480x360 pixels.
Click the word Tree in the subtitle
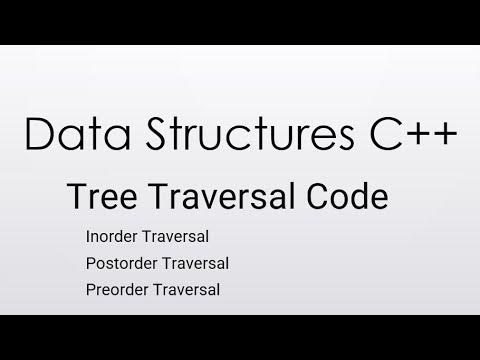[x=96, y=197]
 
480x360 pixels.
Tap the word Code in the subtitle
[x=348, y=197]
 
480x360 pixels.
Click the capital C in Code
[x=322, y=197]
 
